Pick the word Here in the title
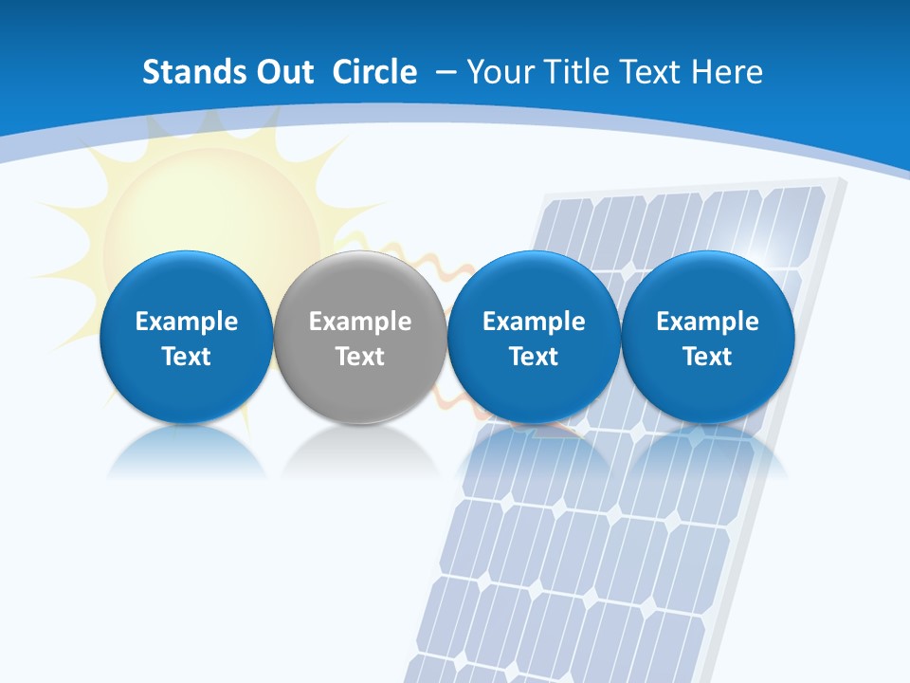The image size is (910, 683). pyautogui.click(x=728, y=72)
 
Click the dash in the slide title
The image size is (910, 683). pyautogui.click(x=443, y=73)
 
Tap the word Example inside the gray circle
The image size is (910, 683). pyautogui.click(x=360, y=322)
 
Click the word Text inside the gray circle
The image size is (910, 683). pyautogui.click(x=360, y=357)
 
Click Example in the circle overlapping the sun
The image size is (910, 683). pyautogui.click(x=187, y=322)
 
